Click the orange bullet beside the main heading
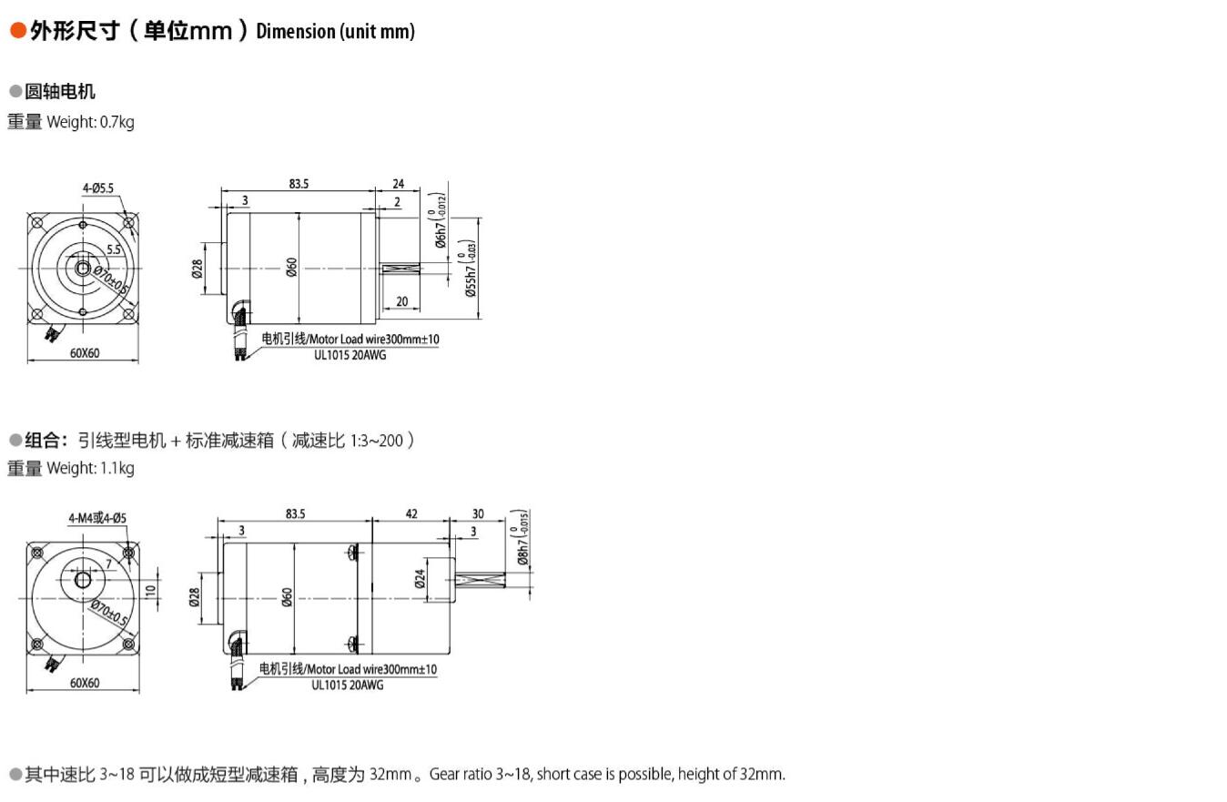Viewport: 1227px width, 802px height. pos(18,31)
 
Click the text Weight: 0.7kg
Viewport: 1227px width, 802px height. pos(90,122)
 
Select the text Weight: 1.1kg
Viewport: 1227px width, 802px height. pos(90,469)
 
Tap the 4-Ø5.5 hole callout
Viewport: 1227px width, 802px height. pos(98,188)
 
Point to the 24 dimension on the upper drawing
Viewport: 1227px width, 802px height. pos(398,184)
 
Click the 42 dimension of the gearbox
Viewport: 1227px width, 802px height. pos(411,513)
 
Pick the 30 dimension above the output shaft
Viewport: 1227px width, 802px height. pos(478,513)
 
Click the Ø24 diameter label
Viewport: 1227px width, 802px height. pos(421,578)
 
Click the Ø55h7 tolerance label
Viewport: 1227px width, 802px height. pos(470,269)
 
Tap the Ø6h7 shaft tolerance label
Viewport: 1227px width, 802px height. pos(441,220)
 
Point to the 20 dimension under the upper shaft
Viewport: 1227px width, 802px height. pos(402,301)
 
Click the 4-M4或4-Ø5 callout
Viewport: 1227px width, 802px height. pos(97,518)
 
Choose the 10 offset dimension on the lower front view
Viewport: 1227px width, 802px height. pos(150,590)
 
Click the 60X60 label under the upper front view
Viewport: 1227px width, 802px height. pos(85,353)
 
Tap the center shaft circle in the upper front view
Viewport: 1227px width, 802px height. pos(83,269)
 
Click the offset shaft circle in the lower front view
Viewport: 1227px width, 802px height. pos(83,580)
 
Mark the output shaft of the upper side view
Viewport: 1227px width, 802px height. pos(401,269)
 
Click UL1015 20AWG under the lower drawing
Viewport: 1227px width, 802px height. pos(348,685)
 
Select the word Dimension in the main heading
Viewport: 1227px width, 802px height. pos(296,31)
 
